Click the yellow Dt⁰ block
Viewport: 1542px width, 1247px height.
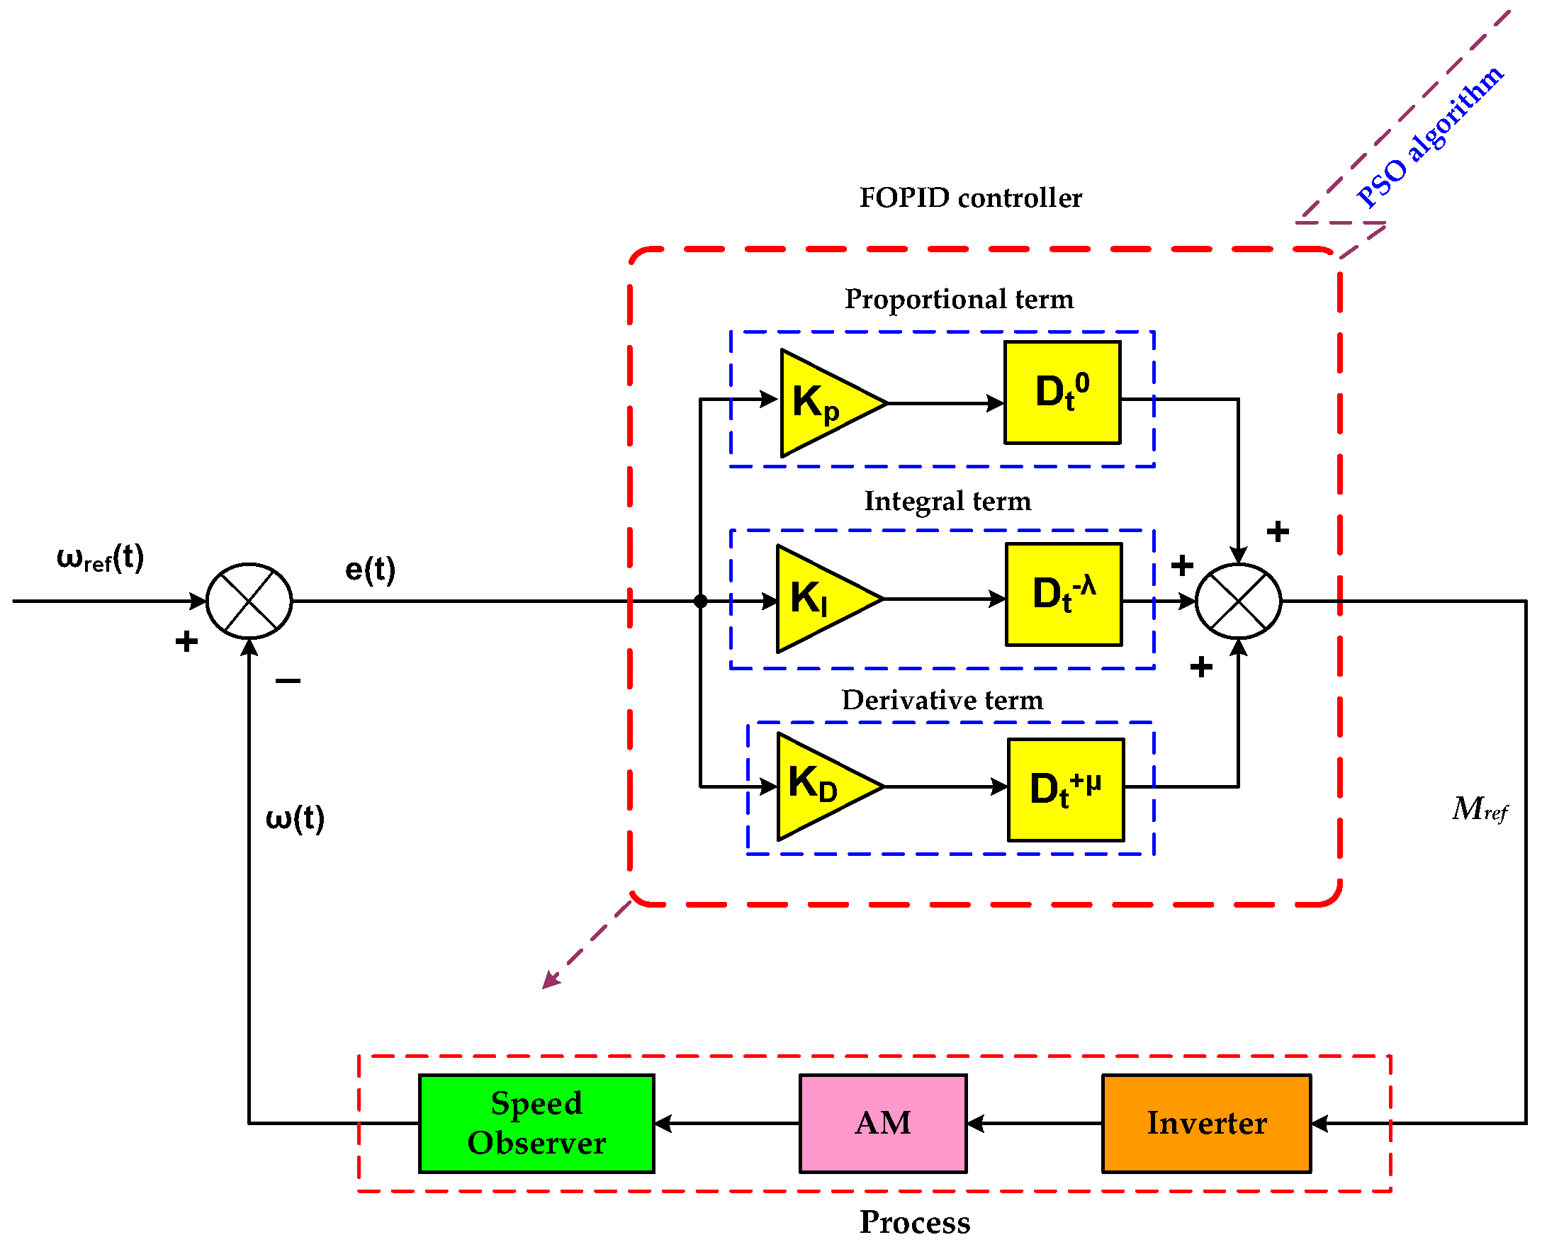pos(1062,393)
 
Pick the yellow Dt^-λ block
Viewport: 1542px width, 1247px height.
pos(1064,594)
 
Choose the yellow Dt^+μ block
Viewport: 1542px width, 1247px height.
pos(1066,790)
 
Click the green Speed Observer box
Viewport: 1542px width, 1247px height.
pos(536,1124)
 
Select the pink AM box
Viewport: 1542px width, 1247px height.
pos(883,1124)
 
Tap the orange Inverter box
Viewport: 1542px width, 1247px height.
pos(1206,1124)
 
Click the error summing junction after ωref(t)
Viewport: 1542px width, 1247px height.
pos(249,602)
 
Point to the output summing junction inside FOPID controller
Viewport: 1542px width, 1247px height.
pos(1238,602)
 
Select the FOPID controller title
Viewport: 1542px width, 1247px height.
pos(970,198)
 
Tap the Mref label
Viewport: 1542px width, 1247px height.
pos(1480,810)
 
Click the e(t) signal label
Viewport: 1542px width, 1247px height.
pos(370,570)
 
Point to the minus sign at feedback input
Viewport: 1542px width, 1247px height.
pos(288,680)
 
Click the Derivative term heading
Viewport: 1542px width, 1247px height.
pos(942,700)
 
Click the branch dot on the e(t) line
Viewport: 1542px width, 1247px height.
pos(701,602)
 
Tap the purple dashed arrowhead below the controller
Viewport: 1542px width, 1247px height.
pos(551,981)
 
